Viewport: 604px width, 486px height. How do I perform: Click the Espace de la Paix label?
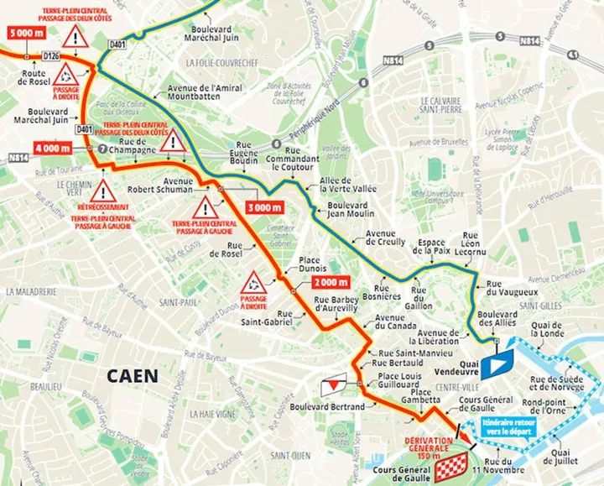(x=430, y=246)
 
